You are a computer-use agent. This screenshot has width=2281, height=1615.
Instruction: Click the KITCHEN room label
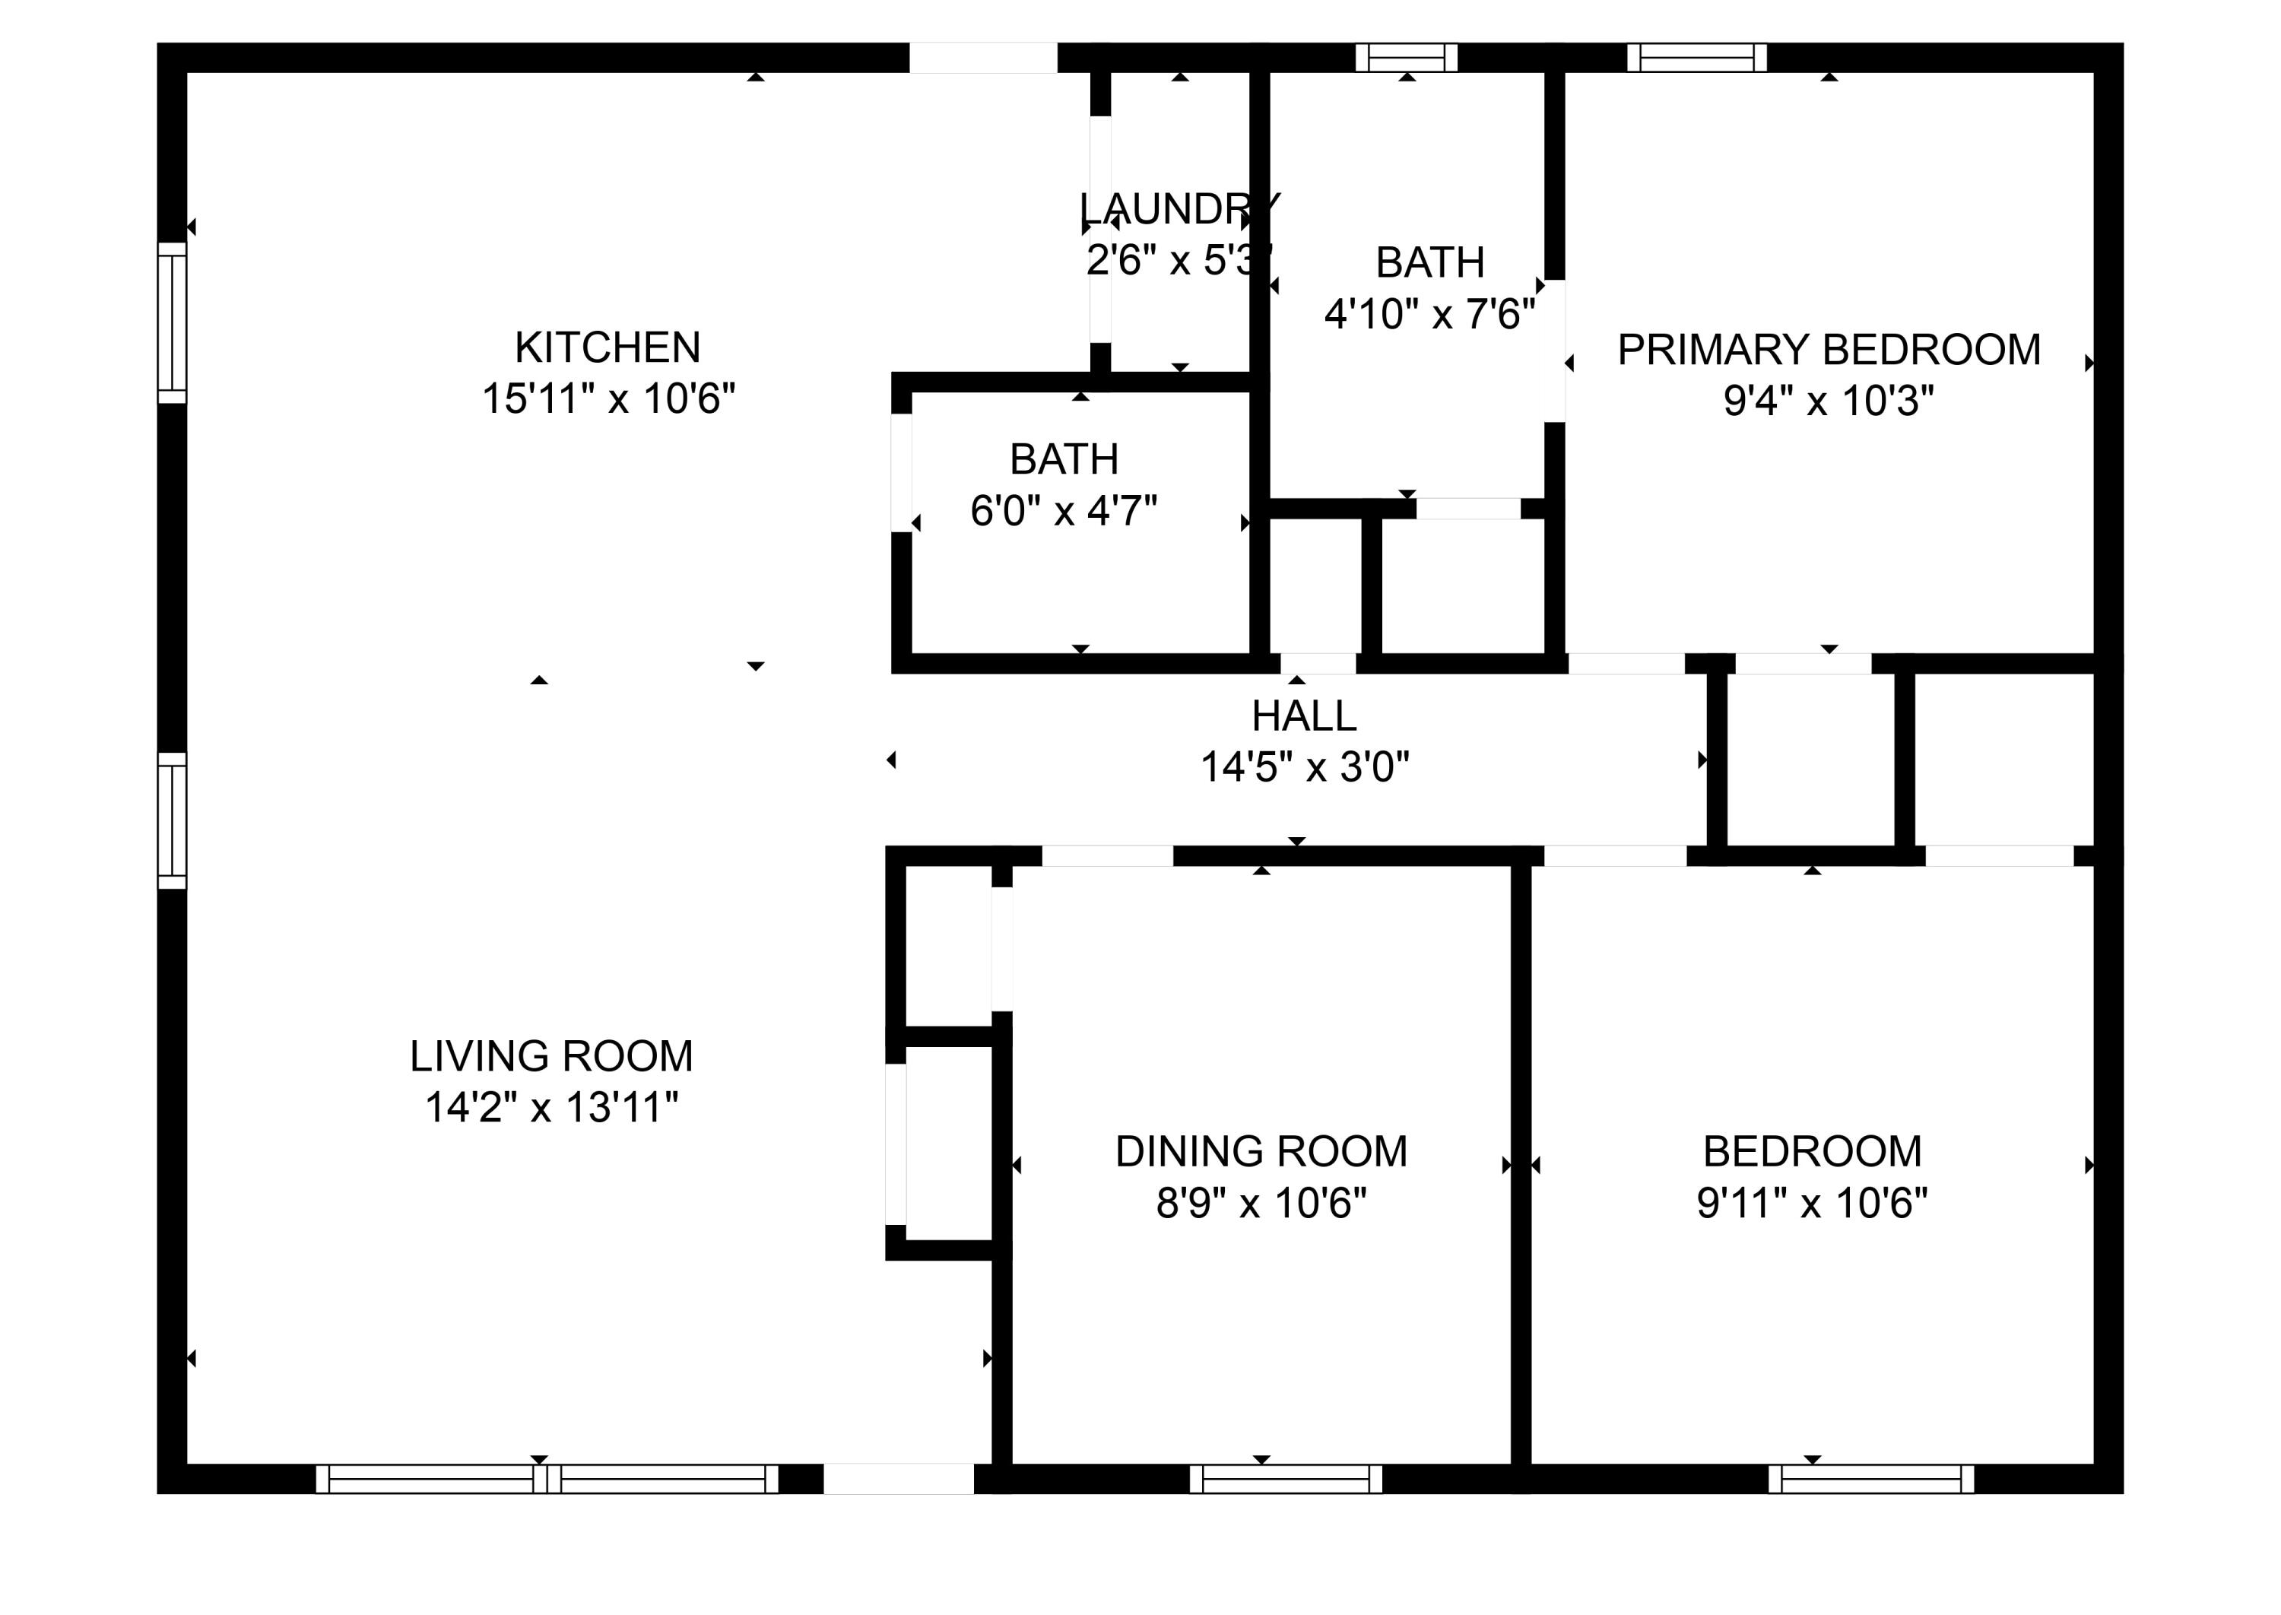coord(608,347)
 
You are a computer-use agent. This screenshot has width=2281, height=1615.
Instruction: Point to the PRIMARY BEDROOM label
coord(1829,349)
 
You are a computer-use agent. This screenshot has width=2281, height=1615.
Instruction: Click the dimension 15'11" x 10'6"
coord(608,398)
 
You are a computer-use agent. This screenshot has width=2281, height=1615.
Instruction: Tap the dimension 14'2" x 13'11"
coord(552,1107)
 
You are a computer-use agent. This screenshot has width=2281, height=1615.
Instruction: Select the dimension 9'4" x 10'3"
coord(1829,401)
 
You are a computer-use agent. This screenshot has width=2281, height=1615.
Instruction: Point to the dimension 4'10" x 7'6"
coord(1430,314)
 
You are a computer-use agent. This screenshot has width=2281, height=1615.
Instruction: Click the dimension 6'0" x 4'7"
coord(1064,511)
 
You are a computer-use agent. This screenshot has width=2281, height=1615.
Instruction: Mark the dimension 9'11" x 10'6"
coord(1812,1204)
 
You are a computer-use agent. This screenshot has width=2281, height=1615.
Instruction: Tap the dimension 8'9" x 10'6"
coord(1261,1204)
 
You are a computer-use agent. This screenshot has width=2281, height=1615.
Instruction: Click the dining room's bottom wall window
coord(1286,1479)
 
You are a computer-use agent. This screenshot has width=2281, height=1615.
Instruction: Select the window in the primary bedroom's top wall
coord(1696,58)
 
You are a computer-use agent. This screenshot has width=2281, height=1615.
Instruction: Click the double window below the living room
coord(547,1479)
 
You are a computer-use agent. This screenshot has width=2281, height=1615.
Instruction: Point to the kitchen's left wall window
coord(172,323)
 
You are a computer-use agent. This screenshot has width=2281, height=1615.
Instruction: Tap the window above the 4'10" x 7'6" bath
coord(1407,58)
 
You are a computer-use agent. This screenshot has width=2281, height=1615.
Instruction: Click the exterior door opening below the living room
coord(898,1479)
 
